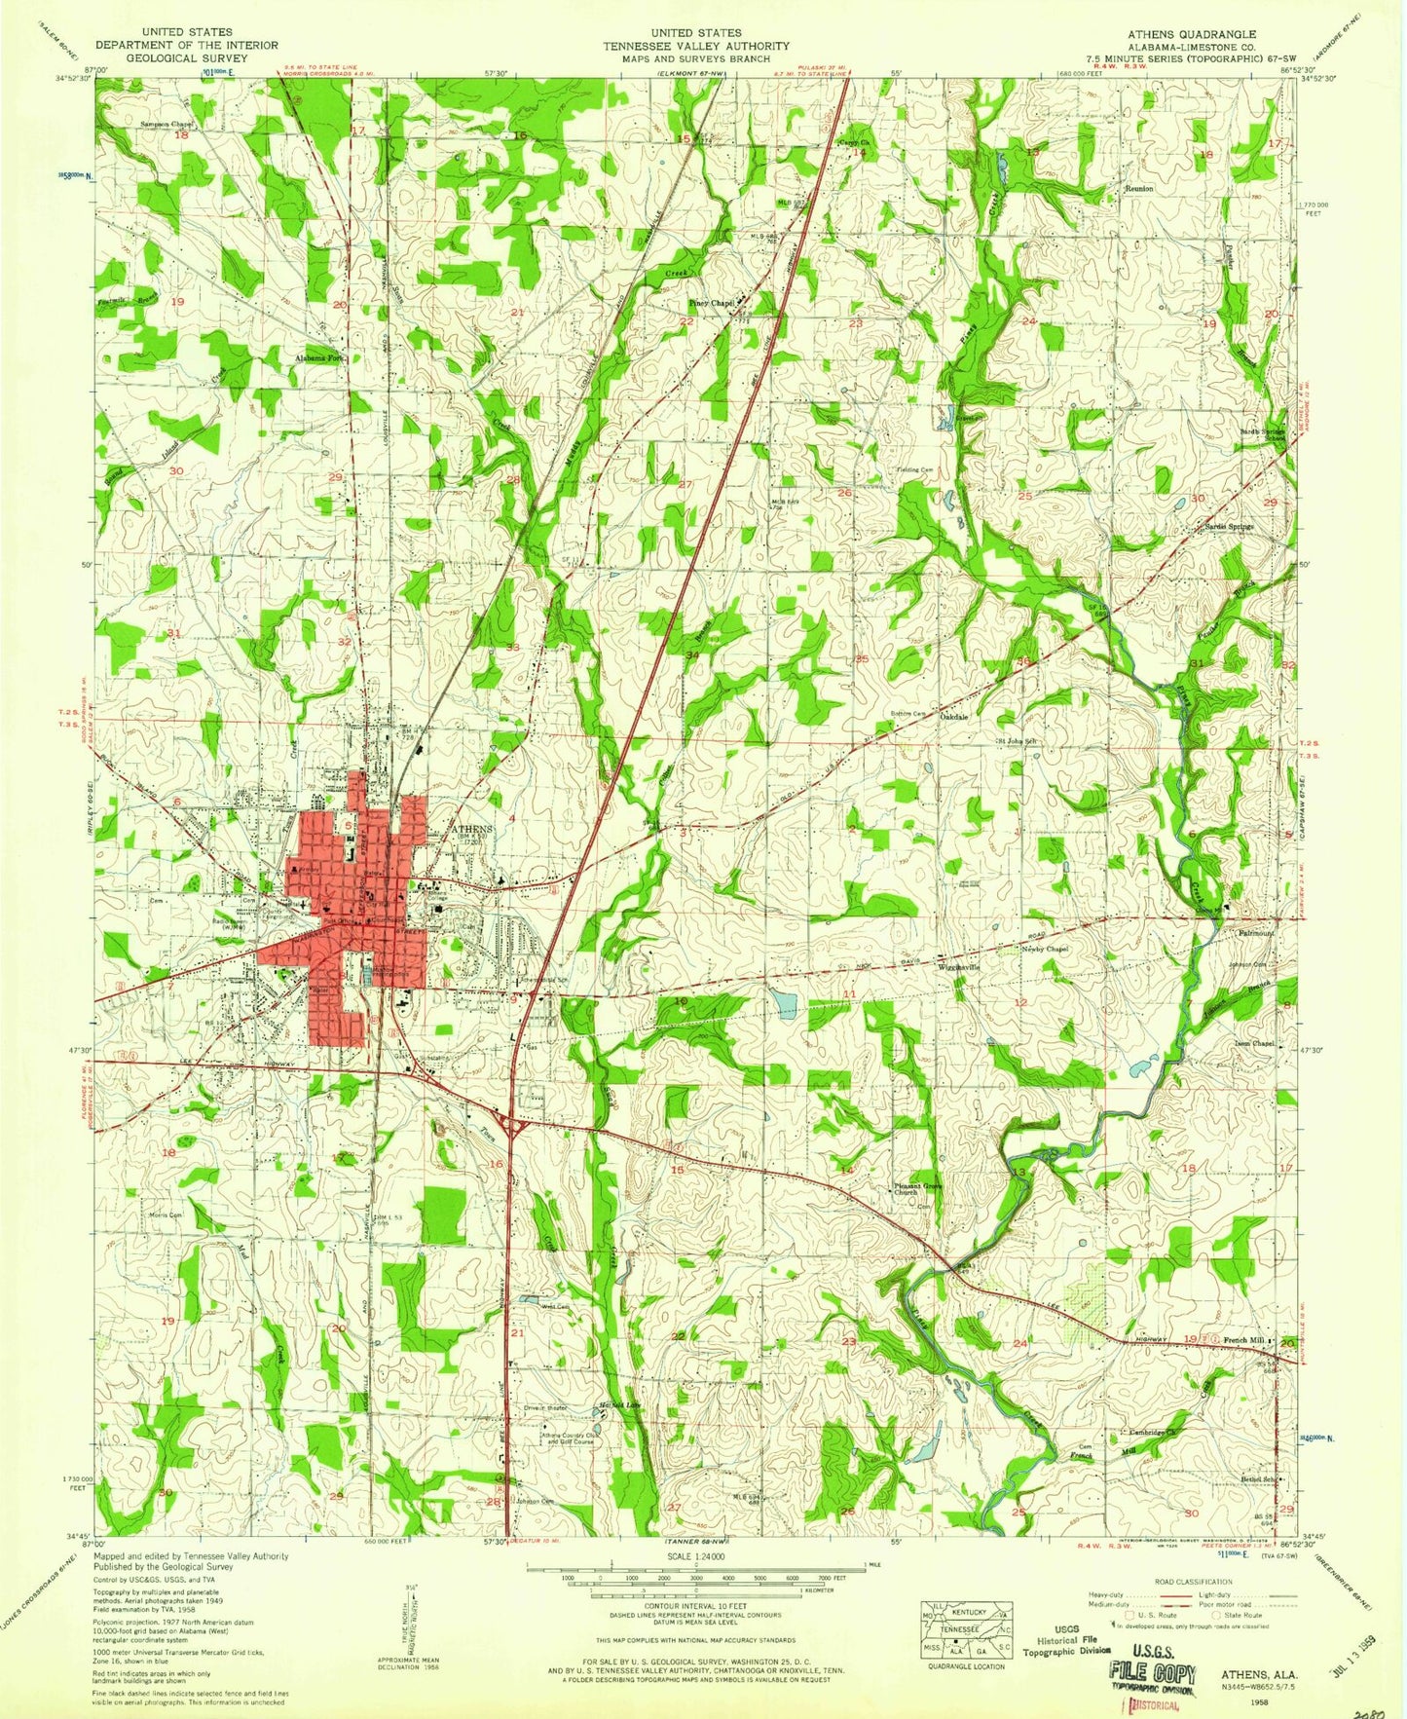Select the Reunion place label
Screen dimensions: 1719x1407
coord(1138,188)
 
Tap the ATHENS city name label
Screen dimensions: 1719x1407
coord(472,829)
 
